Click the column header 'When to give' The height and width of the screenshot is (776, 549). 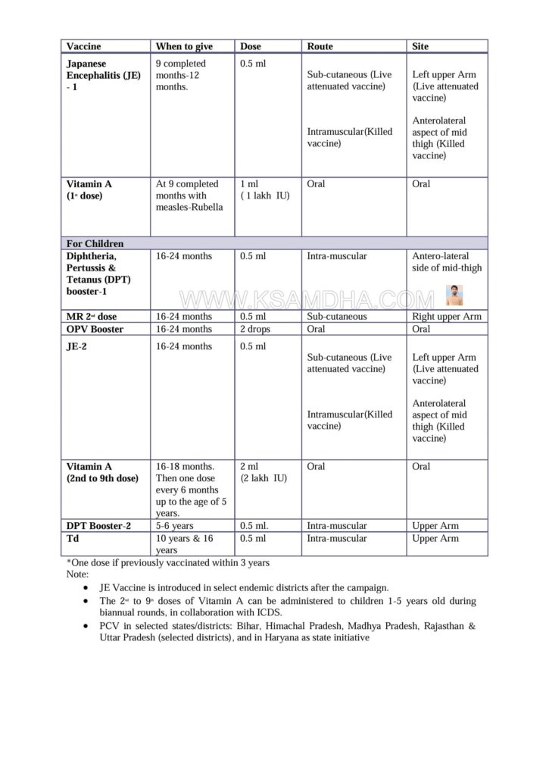pyautogui.click(x=184, y=46)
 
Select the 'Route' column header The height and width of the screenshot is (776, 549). pyautogui.click(x=320, y=46)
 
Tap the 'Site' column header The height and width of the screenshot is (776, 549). pyautogui.click(x=420, y=46)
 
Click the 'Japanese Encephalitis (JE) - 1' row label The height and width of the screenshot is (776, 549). pyautogui.click(x=103, y=75)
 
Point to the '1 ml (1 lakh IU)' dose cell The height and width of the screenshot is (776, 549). pyautogui.click(x=264, y=189)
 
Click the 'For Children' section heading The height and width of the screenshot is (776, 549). pyautogui.click(x=95, y=243)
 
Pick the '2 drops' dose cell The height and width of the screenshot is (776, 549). pyautogui.click(x=255, y=329)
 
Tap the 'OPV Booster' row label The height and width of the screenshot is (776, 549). pyautogui.click(x=95, y=329)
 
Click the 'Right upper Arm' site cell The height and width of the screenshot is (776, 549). pyautogui.click(x=447, y=317)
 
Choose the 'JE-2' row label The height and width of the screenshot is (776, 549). pyautogui.click(x=77, y=346)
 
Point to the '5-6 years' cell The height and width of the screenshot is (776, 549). pyautogui.click(x=174, y=526)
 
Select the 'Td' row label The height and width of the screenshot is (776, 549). pyautogui.click(x=72, y=538)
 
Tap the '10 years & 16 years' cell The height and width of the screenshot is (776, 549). pyautogui.click(x=182, y=544)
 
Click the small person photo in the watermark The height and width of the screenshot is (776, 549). pyautogui.click(x=454, y=295)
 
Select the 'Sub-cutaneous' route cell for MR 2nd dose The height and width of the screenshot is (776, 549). pyautogui.click(x=337, y=317)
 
